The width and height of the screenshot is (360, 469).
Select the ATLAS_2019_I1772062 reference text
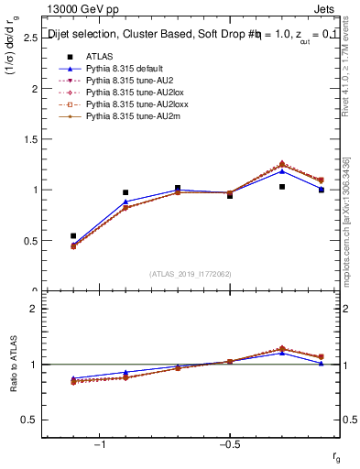pyautogui.click(x=191, y=273)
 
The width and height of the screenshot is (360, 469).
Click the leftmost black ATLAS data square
pyautogui.click(x=73, y=236)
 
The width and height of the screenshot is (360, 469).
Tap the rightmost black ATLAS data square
pyautogui.click(x=322, y=190)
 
